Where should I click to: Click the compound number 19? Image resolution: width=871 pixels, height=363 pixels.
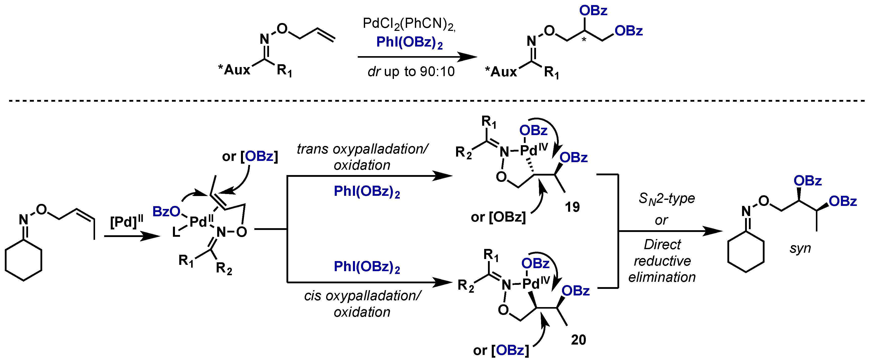(572, 207)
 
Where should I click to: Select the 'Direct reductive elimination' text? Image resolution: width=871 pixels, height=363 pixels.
(662, 261)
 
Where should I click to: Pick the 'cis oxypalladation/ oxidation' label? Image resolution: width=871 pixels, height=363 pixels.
(362, 304)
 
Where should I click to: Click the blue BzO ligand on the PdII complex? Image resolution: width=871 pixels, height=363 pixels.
(166, 212)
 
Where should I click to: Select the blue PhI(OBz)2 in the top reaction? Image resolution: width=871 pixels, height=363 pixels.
(409, 43)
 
